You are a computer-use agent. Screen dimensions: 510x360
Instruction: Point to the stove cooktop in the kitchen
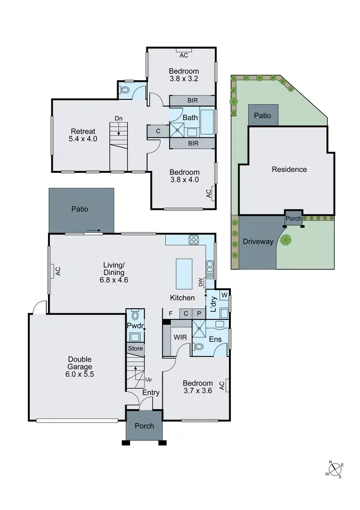pyautogui.click(x=194, y=239)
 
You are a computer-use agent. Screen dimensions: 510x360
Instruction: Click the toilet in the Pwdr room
pyautogui.click(x=135, y=316)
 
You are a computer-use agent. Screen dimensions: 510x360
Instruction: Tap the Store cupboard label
pyautogui.click(x=135, y=349)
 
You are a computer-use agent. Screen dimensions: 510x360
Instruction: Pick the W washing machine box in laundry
pyautogui.click(x=224, y=295)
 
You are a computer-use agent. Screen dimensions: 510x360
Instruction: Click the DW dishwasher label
pyautogui.click(x=200, y=283)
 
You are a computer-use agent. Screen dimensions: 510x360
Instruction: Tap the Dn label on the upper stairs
pyautogui.click(x=118, y=118)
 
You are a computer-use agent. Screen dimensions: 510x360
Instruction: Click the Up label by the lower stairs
pyautogui.click(x=148, y=379)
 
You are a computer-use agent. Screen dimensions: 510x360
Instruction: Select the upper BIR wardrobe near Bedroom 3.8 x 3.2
pyautogui.click(x=193, y=101)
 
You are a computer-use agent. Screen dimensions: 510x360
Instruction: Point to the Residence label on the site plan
pyautogui.click(x=289, y=170)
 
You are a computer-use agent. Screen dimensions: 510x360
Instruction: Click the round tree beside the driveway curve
pyautogui.click(x=288, y=241)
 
